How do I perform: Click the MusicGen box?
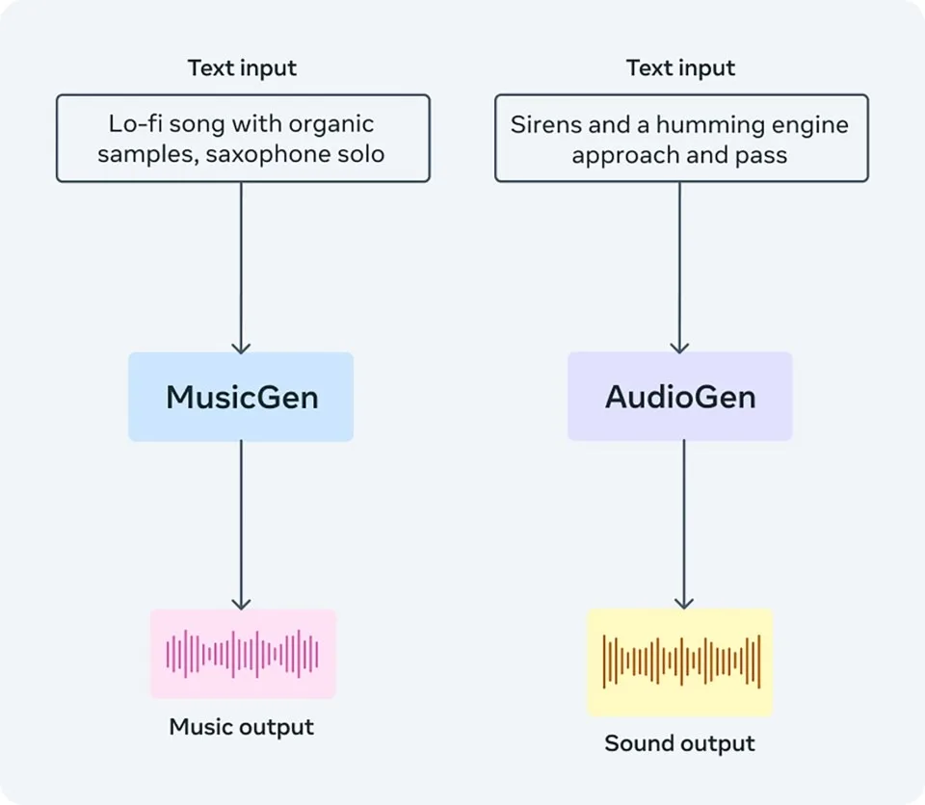click(x=241, y=397)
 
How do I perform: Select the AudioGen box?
click(x=679, y=397)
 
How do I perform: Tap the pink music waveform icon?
click(x=243, y=654)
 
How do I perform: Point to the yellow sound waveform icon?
click(x=680, y=662)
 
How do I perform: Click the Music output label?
click(x=242, y=727)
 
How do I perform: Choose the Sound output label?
click(x=679, y=743)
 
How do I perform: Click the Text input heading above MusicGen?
click(x=242, y=68)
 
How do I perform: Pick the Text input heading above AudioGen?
click(x=680, y=68)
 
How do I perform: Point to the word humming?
click(x=700, y=124)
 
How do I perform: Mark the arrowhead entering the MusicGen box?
click(x=241, y=346)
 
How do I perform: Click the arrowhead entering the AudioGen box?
click(x=679, y=346)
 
